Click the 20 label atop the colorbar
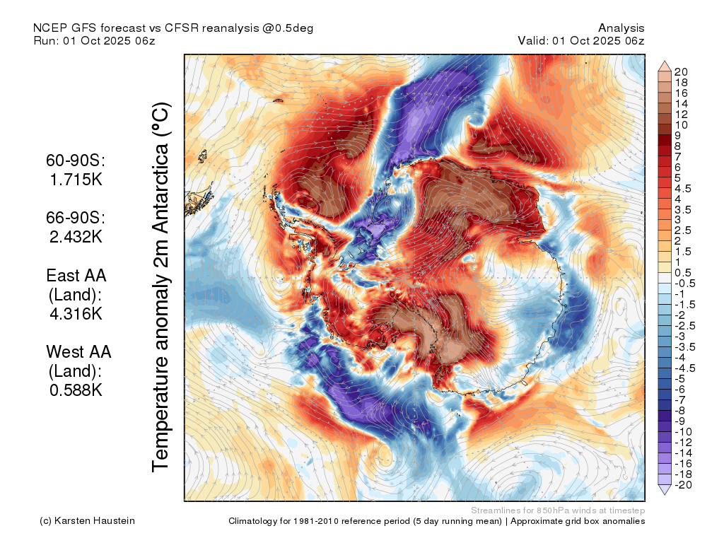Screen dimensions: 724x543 (x=681, y=72)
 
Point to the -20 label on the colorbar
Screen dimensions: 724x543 (x=684, y=485)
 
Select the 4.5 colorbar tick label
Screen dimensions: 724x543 (x=683, y=189)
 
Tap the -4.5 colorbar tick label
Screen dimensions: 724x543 (x=684, y=368)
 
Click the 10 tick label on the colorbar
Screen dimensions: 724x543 (x=681, y=125)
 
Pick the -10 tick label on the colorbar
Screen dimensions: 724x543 (x=684, y=432)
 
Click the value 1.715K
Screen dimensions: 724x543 (x=76, y=180)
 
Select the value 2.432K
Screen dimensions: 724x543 (x=76, y=237)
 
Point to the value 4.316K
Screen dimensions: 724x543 (x=76, y=314)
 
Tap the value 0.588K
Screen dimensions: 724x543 (x=76, y=390)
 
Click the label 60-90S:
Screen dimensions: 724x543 (x=76, y=160)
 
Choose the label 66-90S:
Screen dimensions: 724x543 (x=76, y=218)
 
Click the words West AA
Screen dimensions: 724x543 (x=78, y=352)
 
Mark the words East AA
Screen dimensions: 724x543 (x=76, y=276)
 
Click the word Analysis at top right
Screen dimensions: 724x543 (x=621, y=28)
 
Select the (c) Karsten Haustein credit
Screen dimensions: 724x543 (x=87, y=521)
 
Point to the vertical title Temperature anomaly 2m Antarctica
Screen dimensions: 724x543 (x=161, y=287)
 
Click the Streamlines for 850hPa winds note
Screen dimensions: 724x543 (x=558, y=510)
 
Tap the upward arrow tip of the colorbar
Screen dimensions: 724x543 (x=665, y=61)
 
